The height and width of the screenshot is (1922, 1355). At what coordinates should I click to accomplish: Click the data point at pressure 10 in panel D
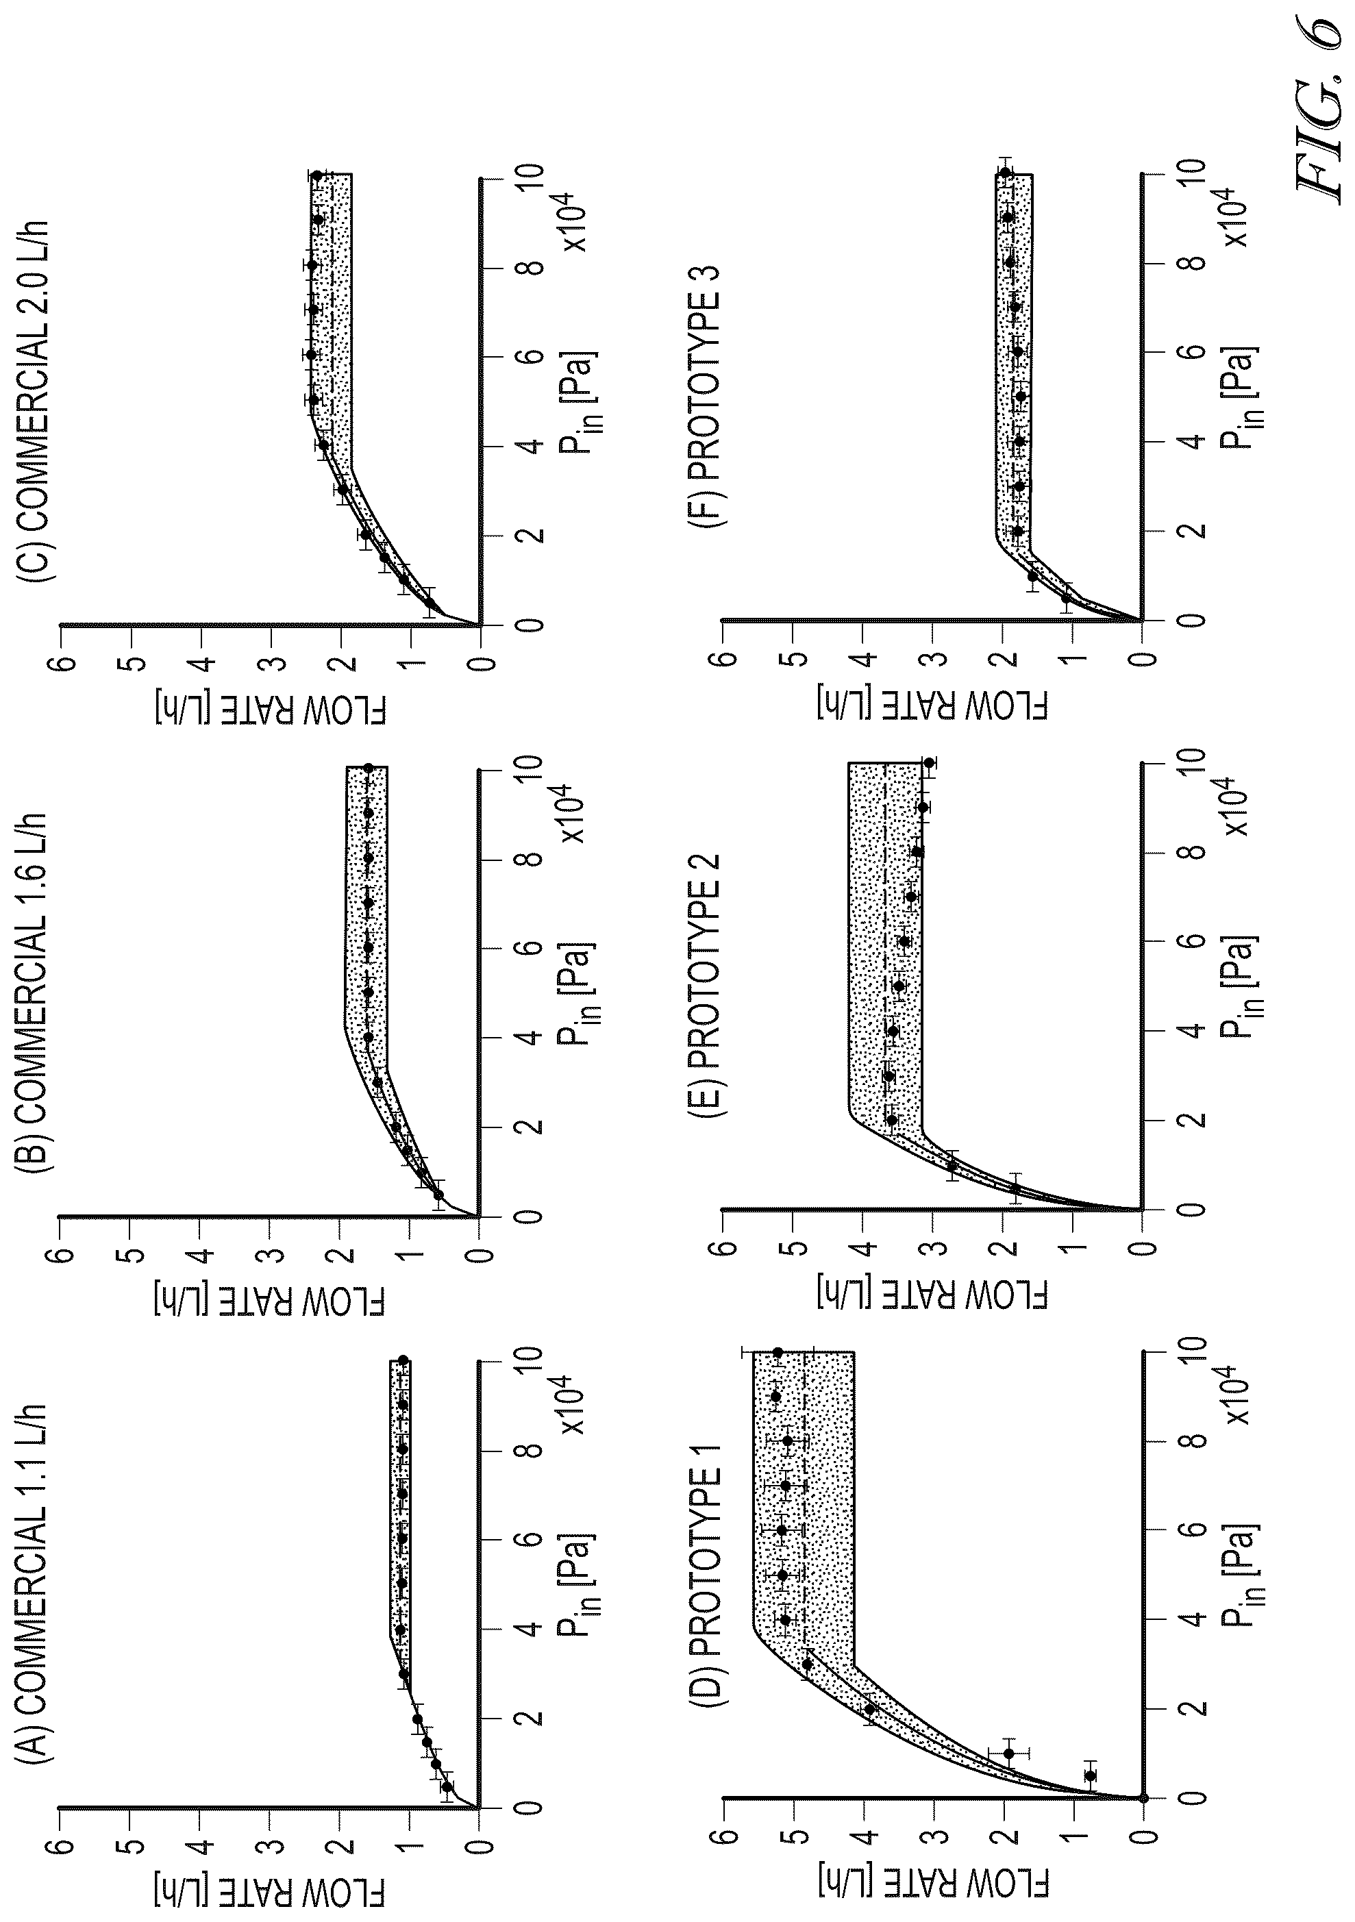777,1352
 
